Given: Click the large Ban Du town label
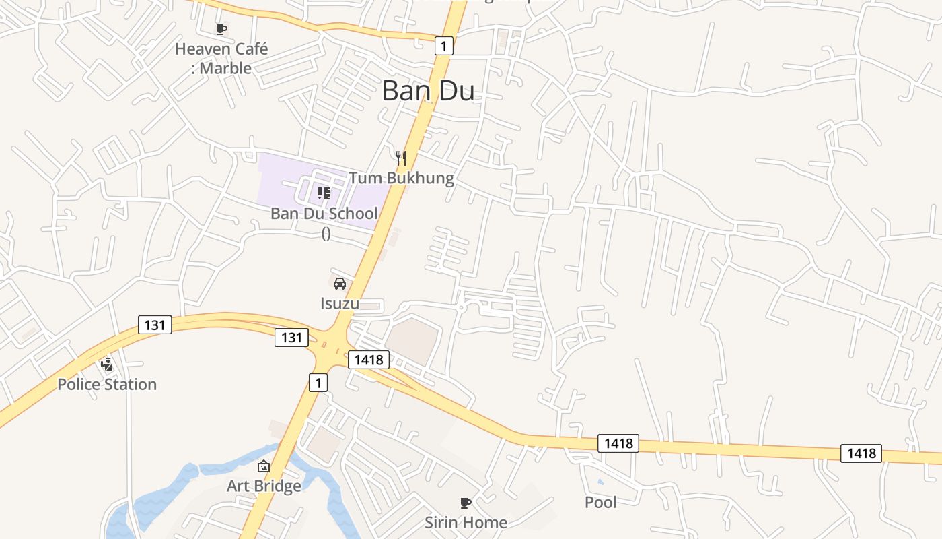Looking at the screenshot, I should click(428, 91).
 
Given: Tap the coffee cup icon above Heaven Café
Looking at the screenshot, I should click(221, 29).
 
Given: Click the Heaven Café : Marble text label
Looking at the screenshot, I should click(221, 59).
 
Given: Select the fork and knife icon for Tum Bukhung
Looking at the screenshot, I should click(401, 158).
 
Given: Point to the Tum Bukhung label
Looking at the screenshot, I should click(401, 178).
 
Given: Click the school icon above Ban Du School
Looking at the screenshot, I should click(324, 193).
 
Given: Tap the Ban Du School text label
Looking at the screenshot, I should click(324, 214).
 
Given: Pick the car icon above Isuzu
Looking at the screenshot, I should click(340, 283).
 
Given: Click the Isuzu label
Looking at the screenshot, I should click(340, 303).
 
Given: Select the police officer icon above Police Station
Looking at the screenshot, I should click(106, 364).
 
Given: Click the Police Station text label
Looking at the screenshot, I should click(107, 384).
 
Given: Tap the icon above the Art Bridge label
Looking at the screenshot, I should click(264, 466).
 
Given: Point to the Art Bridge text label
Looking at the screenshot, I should click(264, 486).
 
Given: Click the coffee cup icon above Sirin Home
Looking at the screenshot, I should click(465, 503).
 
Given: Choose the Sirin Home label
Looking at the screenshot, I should click(466, 522).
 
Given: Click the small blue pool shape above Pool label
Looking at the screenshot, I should click(600, 482).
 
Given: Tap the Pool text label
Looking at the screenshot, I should click(600, 502).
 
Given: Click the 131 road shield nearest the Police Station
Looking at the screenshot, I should click(155, 325).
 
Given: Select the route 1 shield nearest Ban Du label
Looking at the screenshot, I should click(443, 46).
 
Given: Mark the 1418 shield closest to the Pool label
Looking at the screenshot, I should click(618, 443).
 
